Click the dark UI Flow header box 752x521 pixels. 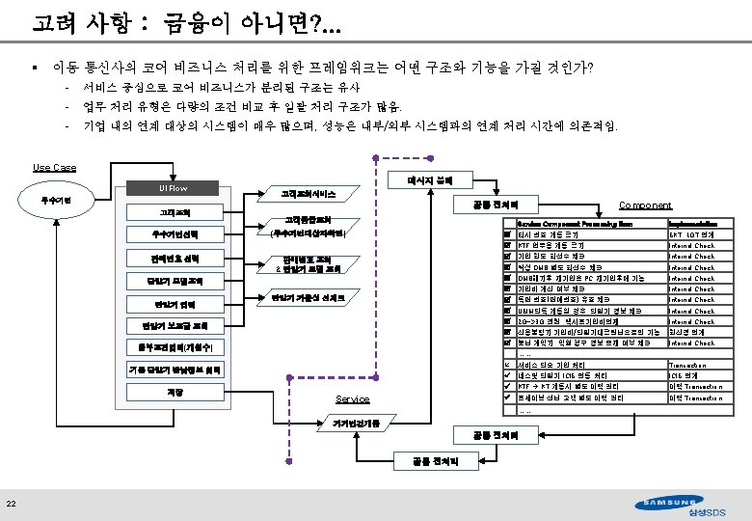tap(173, 188)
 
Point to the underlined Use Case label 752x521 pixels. tap(54, 168)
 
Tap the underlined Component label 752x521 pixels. tap(645, 206)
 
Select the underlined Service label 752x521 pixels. tap(352, 399)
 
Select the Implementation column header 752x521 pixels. tap(695, 224)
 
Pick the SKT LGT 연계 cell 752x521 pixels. tap(691, 234)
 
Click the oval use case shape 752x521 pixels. tap(60, 200)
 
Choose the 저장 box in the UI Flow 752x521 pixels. tap(173, 393)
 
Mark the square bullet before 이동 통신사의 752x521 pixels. tap(34, 69)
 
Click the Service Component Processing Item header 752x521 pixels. tap(574, 224)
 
